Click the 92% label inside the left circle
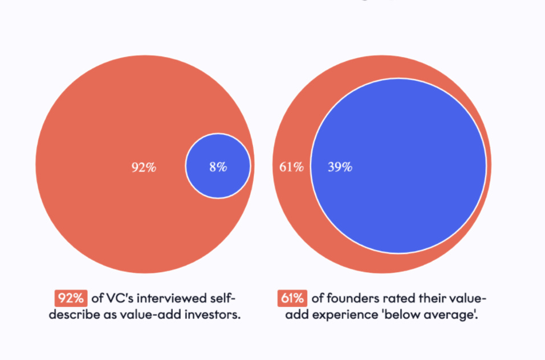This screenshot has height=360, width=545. [144, 167]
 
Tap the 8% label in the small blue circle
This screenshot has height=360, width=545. [218, 167]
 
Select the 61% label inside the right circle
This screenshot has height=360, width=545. [291, 167]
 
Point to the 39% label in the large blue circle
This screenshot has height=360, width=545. [340, 167]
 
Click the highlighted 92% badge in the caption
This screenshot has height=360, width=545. [71, 298]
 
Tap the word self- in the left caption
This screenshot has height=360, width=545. [221, 298]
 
